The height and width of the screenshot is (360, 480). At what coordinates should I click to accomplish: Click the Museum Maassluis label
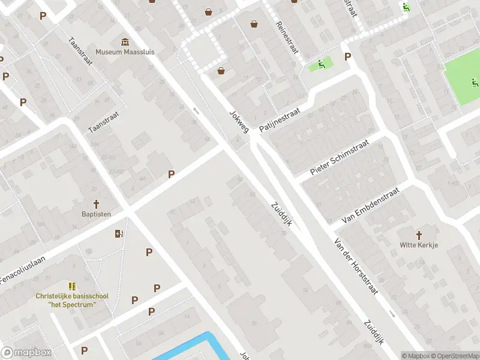click(x=125, y=52)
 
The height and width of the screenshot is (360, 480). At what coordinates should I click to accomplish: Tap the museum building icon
click(x=125, y=41)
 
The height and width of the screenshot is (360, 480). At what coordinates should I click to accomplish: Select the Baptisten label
click(x=97, y=214)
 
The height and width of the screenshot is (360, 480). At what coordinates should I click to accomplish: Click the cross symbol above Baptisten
click(x=96, y=204)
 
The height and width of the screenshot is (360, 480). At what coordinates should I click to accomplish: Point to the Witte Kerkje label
click(x=419, y=245)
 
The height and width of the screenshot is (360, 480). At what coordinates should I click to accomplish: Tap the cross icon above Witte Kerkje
click(x=419, y=235)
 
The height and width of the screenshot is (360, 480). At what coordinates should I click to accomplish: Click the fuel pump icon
click(x=119, y=233)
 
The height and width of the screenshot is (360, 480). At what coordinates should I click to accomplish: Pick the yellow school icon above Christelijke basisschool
click(x=72, y=286)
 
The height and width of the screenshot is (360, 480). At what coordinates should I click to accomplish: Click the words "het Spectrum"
click(x=72, y=305)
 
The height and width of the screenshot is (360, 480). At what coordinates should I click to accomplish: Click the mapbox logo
click(x=25, y=353)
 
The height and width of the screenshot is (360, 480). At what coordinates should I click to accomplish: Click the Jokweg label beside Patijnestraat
click(x=239, y=121)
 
